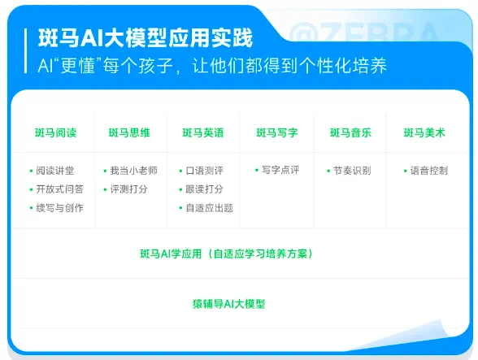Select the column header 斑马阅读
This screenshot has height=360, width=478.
click(55, 132)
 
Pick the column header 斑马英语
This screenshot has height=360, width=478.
click(203, 132)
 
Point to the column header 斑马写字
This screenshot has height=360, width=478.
click(276, 132)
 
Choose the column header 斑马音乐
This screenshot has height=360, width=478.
click(350, 132)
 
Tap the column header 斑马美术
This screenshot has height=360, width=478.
click(424, 132)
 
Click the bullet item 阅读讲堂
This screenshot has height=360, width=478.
click(55, 171)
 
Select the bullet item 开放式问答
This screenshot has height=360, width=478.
click(60, 189)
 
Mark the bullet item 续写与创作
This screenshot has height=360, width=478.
click(60, 208)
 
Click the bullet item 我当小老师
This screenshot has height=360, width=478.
click(134, 171)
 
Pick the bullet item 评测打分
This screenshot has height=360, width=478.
click(129, 189)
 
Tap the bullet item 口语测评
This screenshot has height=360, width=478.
click(204, 171)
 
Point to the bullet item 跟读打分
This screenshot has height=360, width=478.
click(204, 189)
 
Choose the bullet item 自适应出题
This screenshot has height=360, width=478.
click(209, 208)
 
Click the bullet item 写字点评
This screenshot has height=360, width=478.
click(280, 171)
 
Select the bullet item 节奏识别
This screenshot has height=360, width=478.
click(352, 171)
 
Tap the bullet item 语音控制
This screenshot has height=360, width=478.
click(428, 171)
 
